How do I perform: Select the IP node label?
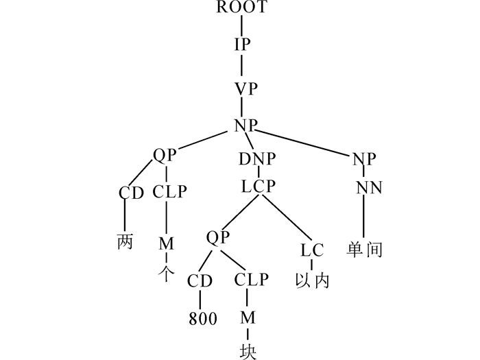[242, 45]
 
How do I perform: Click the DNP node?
[258, 160]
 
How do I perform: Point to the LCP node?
[258, 186]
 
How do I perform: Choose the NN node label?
[369, 187]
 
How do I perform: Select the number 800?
[202, 319]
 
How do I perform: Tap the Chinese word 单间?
[365, 250]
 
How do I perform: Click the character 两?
[125, 241]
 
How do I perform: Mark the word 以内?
[312, 280]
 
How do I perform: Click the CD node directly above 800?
[201, 280]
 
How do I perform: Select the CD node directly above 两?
[131, 193]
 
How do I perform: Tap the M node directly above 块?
[248, 317]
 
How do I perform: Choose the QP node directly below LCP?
[217, 237]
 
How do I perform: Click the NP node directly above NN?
[364, 160]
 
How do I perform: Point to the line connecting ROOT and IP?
[242, 25]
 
